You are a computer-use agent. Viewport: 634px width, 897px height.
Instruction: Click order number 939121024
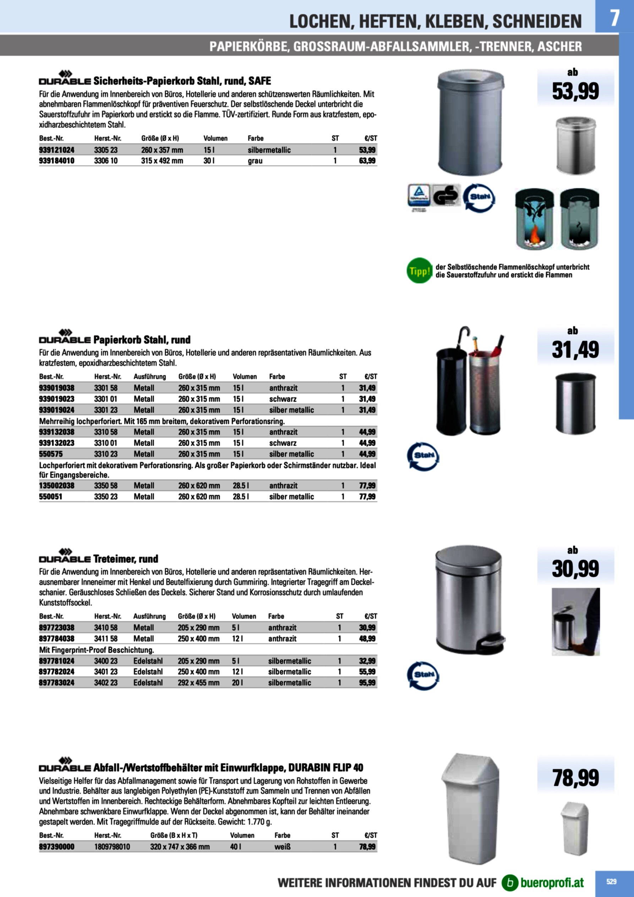point(57,150)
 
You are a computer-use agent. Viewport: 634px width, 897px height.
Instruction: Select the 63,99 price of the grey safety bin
point(367,161)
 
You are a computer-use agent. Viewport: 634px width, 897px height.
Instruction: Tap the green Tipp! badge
point(419,270)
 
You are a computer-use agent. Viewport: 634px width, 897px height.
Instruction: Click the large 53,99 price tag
point(575,91)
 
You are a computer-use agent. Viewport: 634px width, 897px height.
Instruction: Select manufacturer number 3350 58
point(105,486)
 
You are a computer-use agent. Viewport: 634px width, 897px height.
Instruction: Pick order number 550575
point(51,454)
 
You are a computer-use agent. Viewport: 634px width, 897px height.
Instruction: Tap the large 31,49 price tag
point(575,350)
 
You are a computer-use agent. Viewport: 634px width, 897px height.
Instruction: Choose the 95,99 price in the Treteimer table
point(367,683)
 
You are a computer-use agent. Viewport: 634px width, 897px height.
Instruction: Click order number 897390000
point(57,847)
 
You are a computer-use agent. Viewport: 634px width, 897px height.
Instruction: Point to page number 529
point(611,882)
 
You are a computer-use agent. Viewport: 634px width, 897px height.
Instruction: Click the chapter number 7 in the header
point(614,18)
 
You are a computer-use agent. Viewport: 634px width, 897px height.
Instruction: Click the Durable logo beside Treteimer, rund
point(65,556)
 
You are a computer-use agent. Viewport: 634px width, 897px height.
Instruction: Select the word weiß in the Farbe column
point(283,847)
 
